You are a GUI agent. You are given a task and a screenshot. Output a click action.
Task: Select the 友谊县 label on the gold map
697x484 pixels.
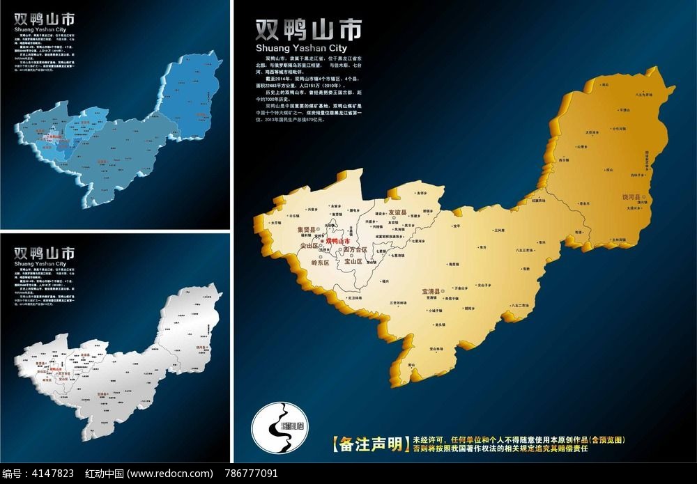[397, 212]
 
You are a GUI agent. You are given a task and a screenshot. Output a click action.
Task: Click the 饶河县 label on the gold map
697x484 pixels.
[633, 197]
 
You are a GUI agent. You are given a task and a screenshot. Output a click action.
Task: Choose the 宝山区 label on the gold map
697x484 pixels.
[355, 263]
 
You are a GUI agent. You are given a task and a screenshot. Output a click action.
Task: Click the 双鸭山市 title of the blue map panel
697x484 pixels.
[44, 19]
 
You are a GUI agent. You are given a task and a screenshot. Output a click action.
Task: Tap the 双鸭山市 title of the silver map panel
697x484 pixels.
[44, 251]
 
